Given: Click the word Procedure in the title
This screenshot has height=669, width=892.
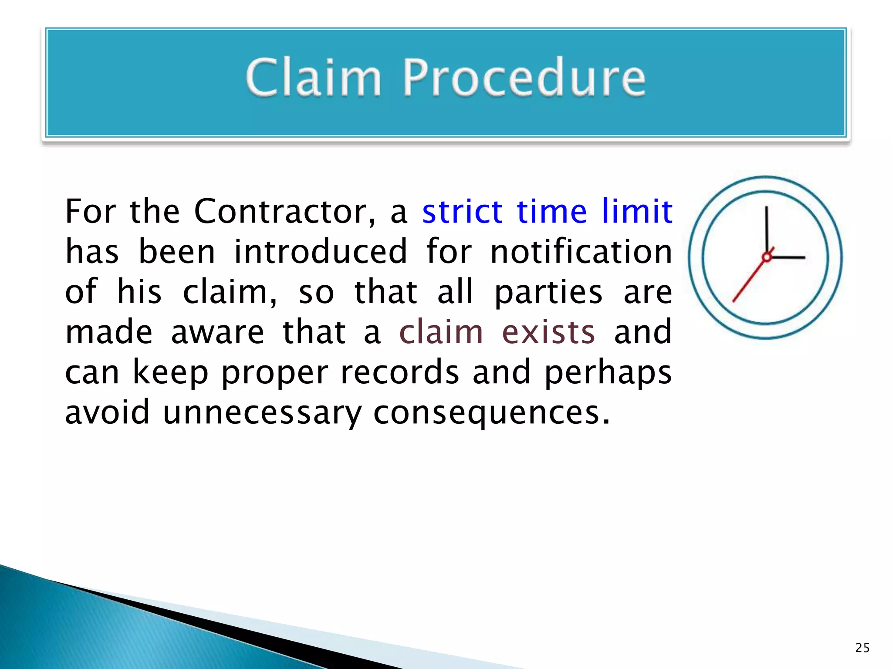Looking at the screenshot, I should [524, 78].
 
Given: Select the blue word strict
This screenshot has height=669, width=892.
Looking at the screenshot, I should [463, 212].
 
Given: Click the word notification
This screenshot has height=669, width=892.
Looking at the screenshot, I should [581, 252].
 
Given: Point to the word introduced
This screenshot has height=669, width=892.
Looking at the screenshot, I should [321, 252].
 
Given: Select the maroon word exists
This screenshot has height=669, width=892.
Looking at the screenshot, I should [548, 332].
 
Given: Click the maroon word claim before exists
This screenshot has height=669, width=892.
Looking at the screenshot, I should [441, 332].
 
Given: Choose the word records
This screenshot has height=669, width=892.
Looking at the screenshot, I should [399, 373].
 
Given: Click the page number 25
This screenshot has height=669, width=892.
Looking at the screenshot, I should [862, 648].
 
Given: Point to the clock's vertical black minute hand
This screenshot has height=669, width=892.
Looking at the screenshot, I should [767, 229].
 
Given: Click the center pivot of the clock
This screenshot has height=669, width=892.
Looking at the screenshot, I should [767, 257].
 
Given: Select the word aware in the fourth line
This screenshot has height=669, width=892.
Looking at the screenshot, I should [217, 332].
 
